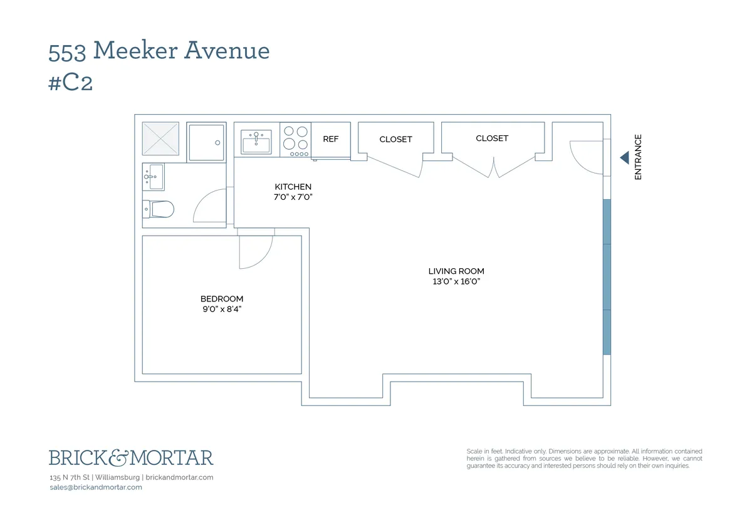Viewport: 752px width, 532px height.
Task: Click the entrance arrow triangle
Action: point(624,158)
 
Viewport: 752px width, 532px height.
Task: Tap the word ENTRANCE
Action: point(639,157)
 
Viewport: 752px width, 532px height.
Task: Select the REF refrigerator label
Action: point(330,139)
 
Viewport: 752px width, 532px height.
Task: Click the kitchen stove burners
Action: point(295,140)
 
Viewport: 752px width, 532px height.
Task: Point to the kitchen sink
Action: point(256,142)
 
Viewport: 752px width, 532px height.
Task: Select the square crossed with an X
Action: point(160,138)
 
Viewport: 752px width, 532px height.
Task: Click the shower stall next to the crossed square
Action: point(206,142)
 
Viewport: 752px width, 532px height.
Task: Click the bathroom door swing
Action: point(209,206)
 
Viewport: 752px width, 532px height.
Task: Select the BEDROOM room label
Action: point(222,299)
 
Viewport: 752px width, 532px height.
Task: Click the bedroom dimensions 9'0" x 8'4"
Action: point(222,309)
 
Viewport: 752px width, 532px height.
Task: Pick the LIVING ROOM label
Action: point(456,271)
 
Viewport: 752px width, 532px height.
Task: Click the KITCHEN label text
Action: point(293,187)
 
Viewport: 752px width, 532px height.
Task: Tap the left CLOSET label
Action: point(395,139)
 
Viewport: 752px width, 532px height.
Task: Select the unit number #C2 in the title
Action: point(71,83)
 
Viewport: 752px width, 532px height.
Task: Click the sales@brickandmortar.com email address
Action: point(95,488)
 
